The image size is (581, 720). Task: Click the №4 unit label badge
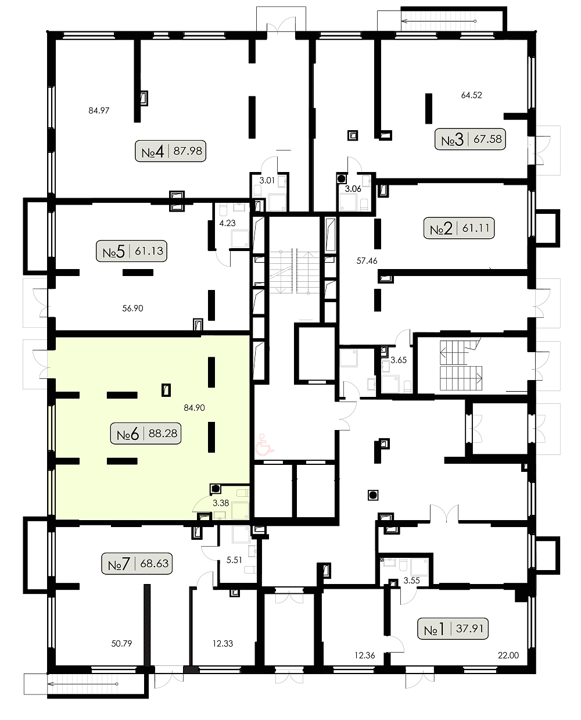click(x=170, y=151)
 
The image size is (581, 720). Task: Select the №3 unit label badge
click(x=470, y=139)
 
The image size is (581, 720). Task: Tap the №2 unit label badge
click(x=459, y=228)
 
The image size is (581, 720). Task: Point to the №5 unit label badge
click(x=131, y=251)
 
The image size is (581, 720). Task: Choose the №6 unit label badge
click(x=146, y=434)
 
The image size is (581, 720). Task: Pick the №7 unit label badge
click(x=137, y=564)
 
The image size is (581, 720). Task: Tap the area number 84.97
click(x=99, y=110)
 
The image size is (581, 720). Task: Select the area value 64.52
click(x=472, y=95)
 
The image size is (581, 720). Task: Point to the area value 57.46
click(x=367, y=260)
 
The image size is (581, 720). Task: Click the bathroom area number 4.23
click(x=228, y=223)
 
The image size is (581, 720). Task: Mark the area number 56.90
click(x=132, y=309)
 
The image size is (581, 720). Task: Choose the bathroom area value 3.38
click(x=221, y=503)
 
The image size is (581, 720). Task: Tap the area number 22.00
click(x=508, y=655)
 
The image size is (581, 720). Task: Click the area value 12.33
click(x=223, y=643)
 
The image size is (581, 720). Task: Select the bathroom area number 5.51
click(x=234, y=560)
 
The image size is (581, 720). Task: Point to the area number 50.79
click(x=121, y=643)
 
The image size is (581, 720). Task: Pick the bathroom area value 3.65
click(x=399, y=360)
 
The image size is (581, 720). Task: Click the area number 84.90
click(x=194, y=408)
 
